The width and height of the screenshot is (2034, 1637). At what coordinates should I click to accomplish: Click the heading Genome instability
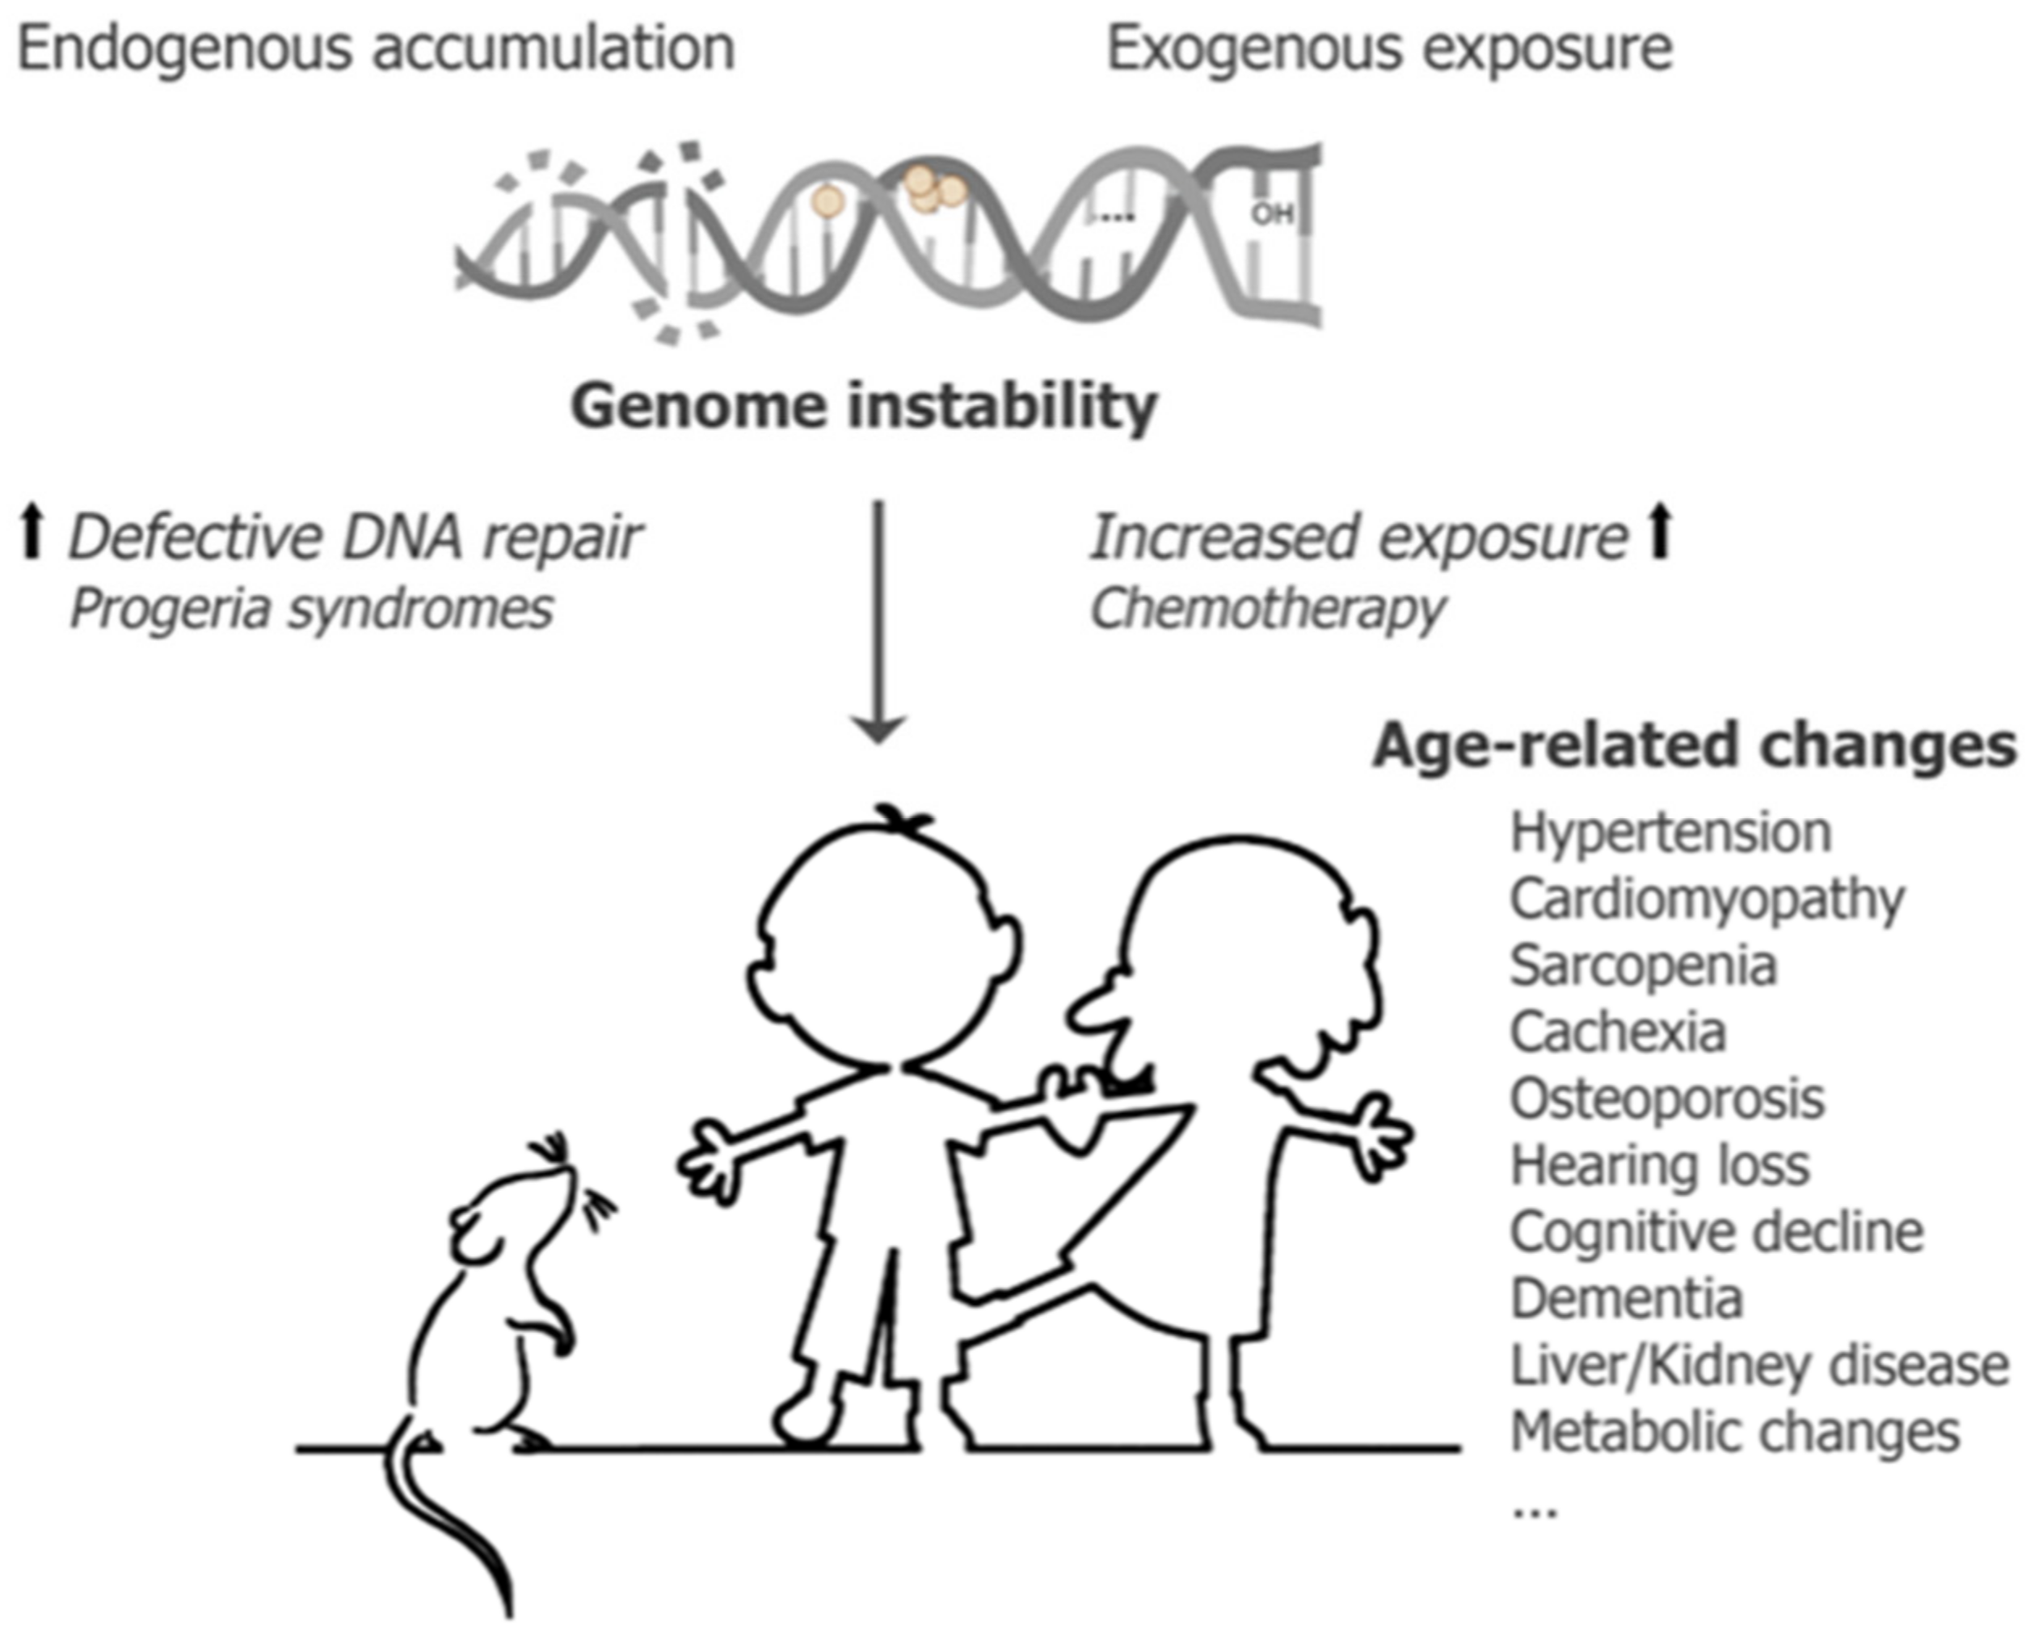point(863,407)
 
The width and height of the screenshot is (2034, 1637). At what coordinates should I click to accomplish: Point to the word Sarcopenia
point(1644,966)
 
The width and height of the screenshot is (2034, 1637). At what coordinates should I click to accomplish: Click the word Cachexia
point(1618,1032)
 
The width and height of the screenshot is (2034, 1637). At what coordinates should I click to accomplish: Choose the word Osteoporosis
point(1667,1099)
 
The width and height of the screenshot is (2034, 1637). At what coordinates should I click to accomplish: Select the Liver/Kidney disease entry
point(1759,1365)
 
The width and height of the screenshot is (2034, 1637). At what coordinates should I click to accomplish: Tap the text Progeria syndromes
point(311,609)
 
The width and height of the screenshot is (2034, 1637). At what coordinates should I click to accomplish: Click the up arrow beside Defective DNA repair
point(33,532)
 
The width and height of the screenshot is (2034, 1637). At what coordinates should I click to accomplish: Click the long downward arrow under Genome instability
point(878,622)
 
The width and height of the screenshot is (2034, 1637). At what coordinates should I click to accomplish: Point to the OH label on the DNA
point(1271,215)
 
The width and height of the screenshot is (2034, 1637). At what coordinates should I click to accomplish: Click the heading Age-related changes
point(1695,746)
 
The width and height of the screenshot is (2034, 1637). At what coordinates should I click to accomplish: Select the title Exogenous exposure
point(1388,49)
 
